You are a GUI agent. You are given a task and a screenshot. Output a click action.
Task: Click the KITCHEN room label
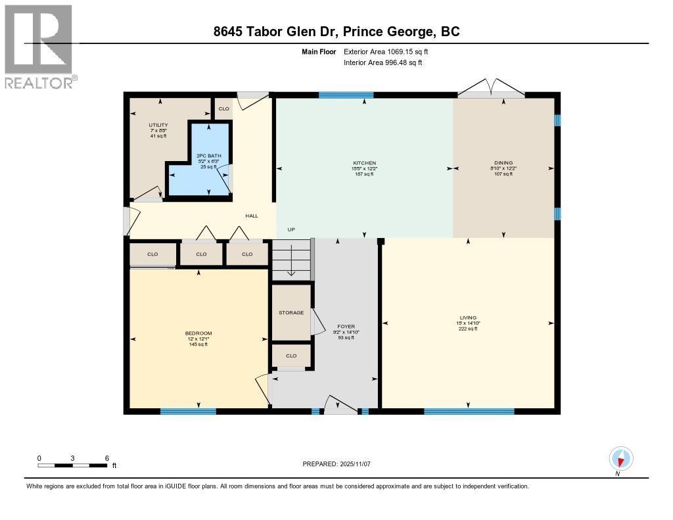364,162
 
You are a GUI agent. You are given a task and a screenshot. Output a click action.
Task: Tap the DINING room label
503,162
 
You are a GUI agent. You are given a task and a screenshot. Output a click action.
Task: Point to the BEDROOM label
198,333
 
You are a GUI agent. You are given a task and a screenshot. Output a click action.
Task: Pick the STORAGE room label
291,312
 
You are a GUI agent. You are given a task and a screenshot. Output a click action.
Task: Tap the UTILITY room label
158,125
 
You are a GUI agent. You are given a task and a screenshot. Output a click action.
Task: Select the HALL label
252,216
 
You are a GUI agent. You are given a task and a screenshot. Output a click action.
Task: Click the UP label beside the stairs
290,229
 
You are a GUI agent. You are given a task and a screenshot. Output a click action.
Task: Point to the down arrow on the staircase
291,270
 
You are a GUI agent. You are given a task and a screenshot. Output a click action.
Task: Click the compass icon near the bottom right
621,458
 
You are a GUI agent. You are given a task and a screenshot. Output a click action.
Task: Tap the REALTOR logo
39,46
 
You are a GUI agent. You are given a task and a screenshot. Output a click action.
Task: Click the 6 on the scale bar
106,458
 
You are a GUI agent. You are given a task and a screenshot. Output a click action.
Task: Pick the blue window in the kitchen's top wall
346,95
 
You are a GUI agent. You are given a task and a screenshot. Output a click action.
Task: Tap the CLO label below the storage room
291,356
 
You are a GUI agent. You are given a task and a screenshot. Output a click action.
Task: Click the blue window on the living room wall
469,412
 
